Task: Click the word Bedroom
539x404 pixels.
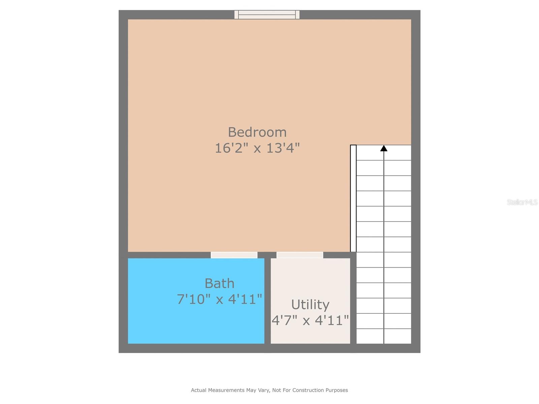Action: (x=257, y=132)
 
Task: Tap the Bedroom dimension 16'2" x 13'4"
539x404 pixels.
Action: (x=257, y=148)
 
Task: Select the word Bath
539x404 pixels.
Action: (x=219, y=283)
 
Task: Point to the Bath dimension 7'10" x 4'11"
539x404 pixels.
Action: (x=219, y=299)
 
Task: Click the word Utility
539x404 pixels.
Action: (x=310, y=304)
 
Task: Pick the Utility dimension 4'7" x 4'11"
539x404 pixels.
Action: (x=310, y=320)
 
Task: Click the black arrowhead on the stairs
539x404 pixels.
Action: (x=384, y=148)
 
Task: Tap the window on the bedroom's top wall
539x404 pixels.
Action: (x=267, y=14)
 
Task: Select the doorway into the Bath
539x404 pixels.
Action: (x=234, y=255)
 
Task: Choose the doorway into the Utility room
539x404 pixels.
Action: (x=300, y=255)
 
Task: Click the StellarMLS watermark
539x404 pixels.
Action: (x=522, y=202)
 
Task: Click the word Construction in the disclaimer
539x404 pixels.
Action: (x=308, y=390)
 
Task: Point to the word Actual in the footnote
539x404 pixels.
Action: (x=199, y=390)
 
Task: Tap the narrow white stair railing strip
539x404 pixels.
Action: (x=353, y=198)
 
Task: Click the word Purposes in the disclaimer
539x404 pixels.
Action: (x=337, y=390)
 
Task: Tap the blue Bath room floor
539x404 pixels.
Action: (x=162, y=320)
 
